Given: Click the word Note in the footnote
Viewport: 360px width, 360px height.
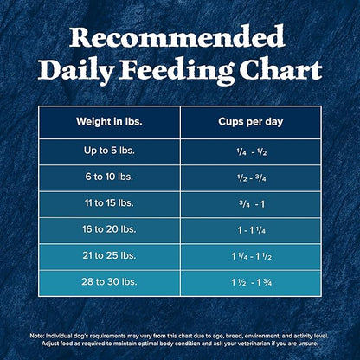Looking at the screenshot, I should click(36, 335).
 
